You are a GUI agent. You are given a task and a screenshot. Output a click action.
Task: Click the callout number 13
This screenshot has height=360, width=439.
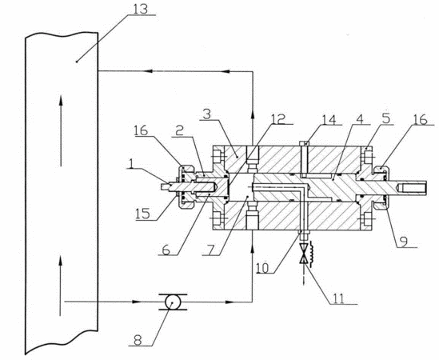tap(140, 9)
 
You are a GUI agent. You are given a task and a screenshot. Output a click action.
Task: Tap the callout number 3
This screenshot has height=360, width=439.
tap(206, 114)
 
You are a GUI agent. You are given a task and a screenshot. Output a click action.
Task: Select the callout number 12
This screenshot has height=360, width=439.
tap(278, 118)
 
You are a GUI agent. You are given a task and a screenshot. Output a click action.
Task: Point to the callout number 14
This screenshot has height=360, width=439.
tap(329, 119)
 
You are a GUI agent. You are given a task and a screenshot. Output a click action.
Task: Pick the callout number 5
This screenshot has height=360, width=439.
tap(385, 118)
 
